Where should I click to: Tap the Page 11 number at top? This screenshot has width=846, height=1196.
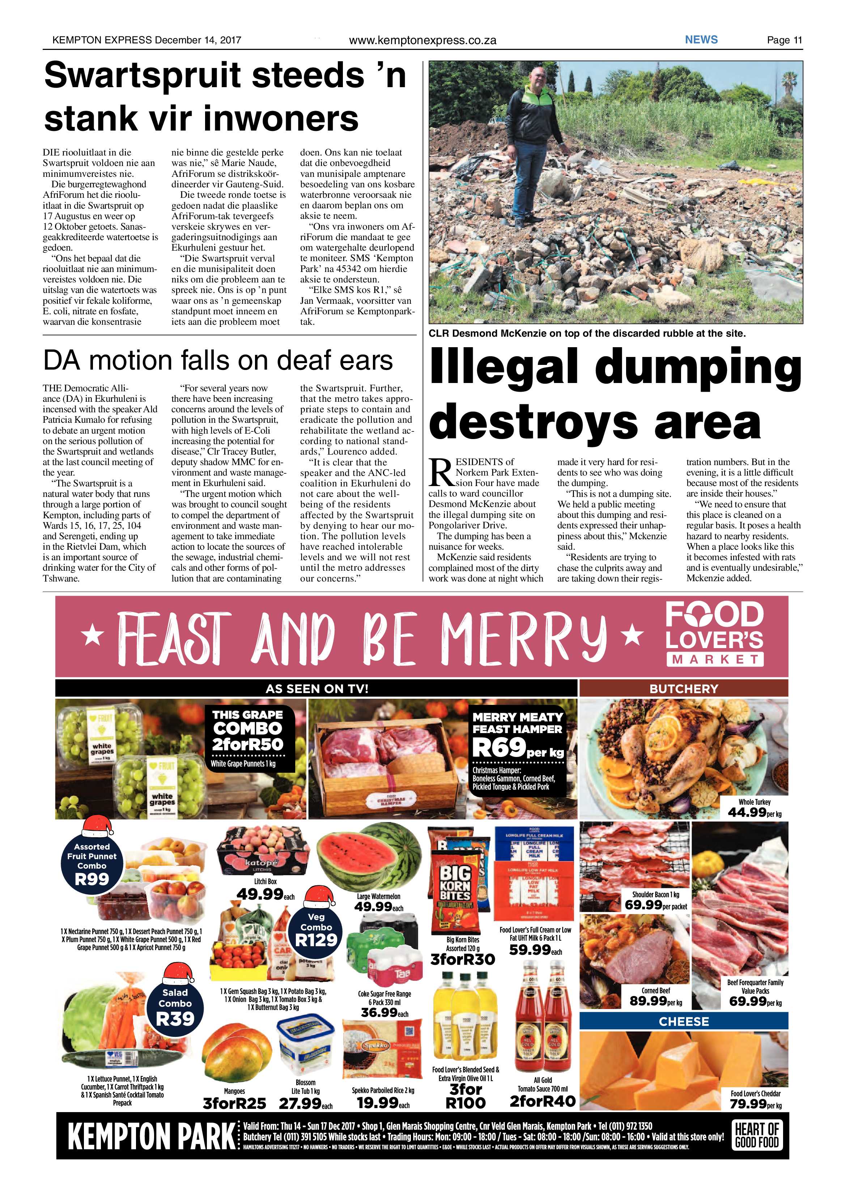(784, 40)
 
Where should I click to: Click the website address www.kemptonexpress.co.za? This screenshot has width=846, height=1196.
(422, 40)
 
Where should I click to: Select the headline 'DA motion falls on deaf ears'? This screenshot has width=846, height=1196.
(218, 361)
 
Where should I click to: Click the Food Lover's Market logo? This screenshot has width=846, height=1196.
(714, 633)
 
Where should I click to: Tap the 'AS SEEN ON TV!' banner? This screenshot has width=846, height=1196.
(316, 689)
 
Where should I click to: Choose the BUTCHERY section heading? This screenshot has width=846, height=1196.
(684, 689)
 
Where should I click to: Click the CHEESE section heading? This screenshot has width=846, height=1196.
(684, 1021)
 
